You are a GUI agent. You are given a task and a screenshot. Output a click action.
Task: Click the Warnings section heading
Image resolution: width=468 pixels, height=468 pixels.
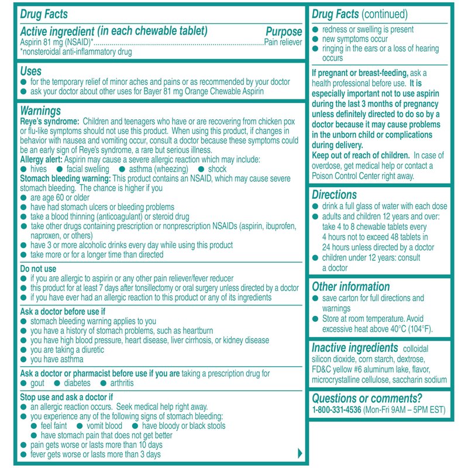[40, 110]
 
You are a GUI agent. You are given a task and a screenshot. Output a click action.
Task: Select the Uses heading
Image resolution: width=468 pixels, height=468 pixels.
[30, 71]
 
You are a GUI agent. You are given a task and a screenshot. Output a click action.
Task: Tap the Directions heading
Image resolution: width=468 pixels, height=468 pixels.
[334, 195]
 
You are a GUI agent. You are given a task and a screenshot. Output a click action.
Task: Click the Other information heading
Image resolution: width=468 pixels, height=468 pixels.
[350, 287]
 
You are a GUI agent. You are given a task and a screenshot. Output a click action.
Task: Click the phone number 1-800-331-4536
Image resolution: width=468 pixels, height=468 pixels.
[336, 409]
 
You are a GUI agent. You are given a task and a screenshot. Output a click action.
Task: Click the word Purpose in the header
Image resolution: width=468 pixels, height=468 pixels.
[284, 32]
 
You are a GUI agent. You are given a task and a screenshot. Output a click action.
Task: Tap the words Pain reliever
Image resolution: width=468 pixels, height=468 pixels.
[283, 42]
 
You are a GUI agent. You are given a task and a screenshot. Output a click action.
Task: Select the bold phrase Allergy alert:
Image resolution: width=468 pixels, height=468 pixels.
[44, 159]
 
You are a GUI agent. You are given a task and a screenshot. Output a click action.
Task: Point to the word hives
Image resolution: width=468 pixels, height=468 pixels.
[40, 168]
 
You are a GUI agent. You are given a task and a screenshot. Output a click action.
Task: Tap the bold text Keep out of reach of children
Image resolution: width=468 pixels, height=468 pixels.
[360, 155]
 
